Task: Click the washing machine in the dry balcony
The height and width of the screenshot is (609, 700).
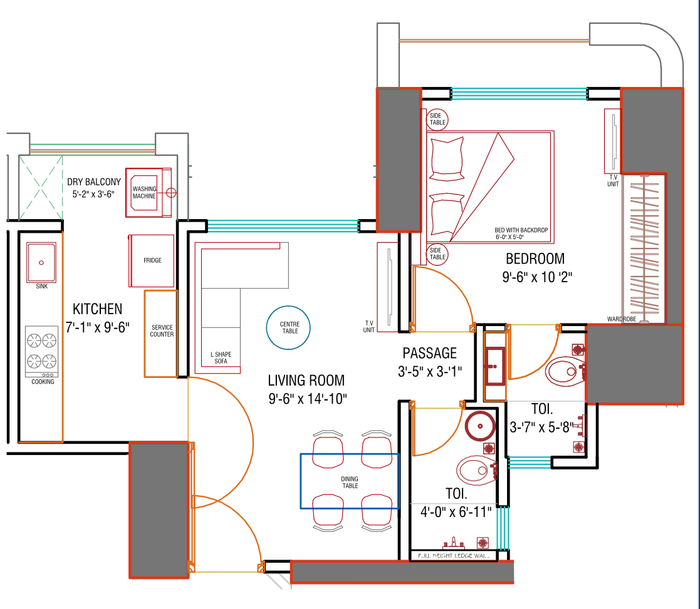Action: (149, 192)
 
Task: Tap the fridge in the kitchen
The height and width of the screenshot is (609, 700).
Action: (152, 260)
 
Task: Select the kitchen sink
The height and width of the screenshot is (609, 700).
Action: (42, 263)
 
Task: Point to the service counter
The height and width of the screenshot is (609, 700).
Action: (161, 333)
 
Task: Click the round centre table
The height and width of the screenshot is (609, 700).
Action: (289, 327)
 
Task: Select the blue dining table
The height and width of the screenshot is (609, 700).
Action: (350, 481)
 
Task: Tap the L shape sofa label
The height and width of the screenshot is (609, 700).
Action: (221, 358)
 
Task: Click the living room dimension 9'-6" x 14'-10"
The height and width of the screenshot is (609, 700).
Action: (306, 397)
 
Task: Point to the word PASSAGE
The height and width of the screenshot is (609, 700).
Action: (429, 353)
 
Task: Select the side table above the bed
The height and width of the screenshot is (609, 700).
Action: (437, 119)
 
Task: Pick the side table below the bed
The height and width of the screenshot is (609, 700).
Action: (437, 254)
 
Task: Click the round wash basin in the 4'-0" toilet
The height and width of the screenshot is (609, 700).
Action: (481, 426)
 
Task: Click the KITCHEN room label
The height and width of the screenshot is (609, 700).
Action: (97, 309)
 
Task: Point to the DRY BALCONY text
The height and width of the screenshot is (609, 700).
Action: (94, 182)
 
